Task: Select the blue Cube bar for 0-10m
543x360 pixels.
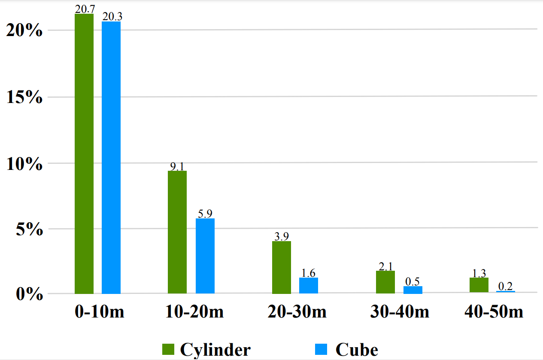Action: coord(111,157)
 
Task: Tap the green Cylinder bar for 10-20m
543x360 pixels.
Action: coord(177,232)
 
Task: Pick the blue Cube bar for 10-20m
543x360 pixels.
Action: coord(205,256)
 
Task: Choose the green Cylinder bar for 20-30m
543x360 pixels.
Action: coord(282,267)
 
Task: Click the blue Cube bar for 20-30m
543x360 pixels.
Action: coord(309,285)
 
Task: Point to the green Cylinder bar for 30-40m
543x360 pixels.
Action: coord(385,282)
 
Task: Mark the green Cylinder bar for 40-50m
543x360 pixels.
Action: coord(479,285)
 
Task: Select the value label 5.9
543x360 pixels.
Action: coord(205,214)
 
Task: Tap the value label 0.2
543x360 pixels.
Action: coord(506,286)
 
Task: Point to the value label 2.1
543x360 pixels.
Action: coord(385,266)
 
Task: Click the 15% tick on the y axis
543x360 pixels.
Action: coord(25,97)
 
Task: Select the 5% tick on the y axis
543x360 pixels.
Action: coord(30,229)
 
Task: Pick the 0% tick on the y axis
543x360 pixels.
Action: coord(30,295)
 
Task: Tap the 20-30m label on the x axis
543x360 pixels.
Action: coord(297,312)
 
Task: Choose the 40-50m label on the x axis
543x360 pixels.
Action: coord(494,312)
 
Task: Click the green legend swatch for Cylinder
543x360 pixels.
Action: coord(168,349)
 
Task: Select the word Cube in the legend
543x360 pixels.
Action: coord(357,350)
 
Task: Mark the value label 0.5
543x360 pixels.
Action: coord(412,281)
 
